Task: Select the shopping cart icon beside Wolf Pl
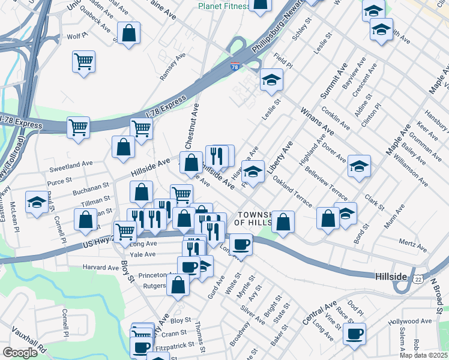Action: point(84,61)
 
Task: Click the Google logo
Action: point(20,353)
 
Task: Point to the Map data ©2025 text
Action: point(423,355)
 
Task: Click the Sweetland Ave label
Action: point(71,163)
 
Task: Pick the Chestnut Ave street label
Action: point(192,126)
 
